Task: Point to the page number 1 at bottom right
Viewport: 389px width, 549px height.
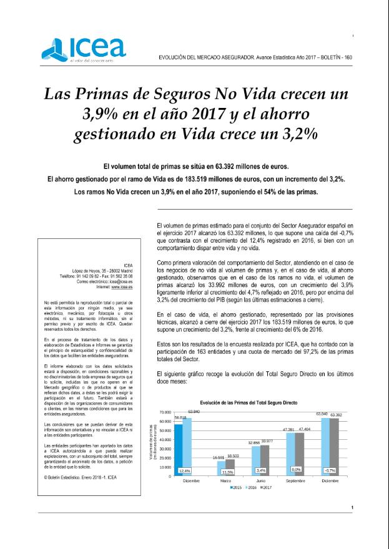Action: tap(352, 508)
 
